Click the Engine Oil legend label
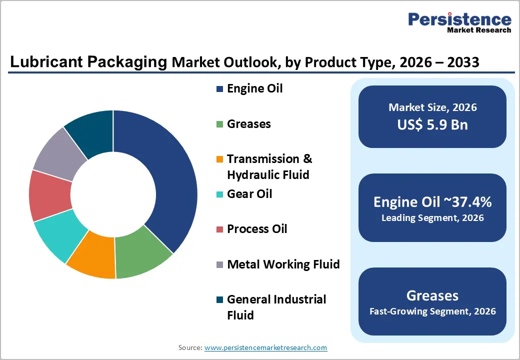tap(254, 88)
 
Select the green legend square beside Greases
tap(219, 124)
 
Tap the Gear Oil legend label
tap(249, 193)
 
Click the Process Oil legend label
tap(257, 229)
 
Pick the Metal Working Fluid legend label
tap(283, 264)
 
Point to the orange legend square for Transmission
tap(219, 159)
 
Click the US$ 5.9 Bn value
tap(432, 124)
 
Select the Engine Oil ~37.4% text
tap(432, 202)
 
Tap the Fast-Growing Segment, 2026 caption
tap(432, 311)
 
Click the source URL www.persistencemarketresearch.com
tap(265, 347)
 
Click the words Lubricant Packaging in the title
tap(88, 62)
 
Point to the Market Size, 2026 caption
tap(432, 107)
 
